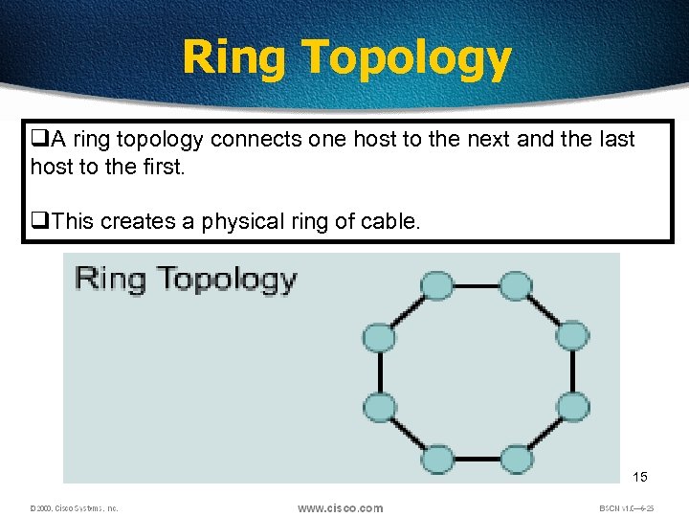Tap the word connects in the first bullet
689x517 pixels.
pyautogui.click(x=256, y=140)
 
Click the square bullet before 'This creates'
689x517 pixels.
pyautogui.click(x=39, y=221)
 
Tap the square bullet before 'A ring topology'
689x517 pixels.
pyautogui.click(x=39, y=140)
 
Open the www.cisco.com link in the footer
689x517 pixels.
pyautogui.click(x=340, y=508)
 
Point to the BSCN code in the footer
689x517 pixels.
pyautogui.click(x=626, y=508)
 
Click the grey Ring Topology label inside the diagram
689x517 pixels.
pyautogui.click(x=186, y=280)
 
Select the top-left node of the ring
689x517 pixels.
pyautogui.click(x=436, y=285)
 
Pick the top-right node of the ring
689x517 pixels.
pyautogui.click(x=516, y=285)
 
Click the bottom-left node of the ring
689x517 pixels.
pyautogui.click(x=436, y=460)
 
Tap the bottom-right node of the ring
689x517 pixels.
pyautogui.click(x=516, y=460)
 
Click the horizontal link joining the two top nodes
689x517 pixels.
pyautogui.click(x=476, y=285)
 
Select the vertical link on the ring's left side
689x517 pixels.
pyautogui.click(x=380, y=371)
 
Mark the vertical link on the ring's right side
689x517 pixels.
pyautogui.click(x=572, y=371)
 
